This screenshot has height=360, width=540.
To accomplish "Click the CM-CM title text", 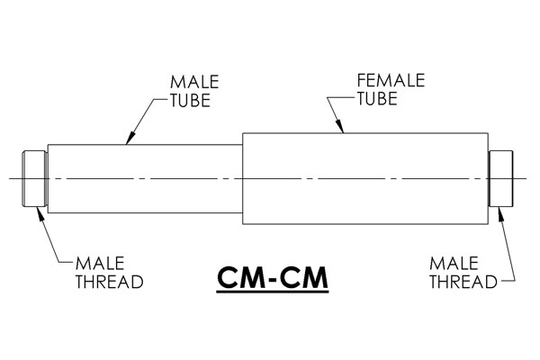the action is (x=273, y=278).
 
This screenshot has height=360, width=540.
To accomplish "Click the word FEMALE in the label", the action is (x=391, y=81).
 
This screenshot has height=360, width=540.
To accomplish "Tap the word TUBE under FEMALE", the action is (x=377, y=99).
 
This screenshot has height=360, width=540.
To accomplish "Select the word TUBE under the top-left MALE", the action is (x=190, y=101).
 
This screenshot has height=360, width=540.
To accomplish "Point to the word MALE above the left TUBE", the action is (x=194, y=82).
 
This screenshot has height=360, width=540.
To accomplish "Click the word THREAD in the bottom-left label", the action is (x=110, y=282).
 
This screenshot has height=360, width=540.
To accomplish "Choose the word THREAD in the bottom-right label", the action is (x=463, y=282).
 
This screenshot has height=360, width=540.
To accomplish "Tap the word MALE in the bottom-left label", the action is (x=100, y=264).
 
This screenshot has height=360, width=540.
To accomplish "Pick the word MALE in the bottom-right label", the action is (x=454, y=264).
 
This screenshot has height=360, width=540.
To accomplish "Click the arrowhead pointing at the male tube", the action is (x=130, y=139).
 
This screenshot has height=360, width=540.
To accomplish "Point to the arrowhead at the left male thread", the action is (x=40, y=212).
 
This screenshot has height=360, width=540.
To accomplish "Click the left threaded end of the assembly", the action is (x=35, y=179).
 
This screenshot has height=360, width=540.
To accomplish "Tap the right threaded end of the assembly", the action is (x=500, y=179).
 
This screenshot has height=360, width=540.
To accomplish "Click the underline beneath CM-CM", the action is (x=273, y=292).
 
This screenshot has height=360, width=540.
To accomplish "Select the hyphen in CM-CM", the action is (x=273, y=280).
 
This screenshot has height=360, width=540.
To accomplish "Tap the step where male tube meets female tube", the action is (x=242, y=179).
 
